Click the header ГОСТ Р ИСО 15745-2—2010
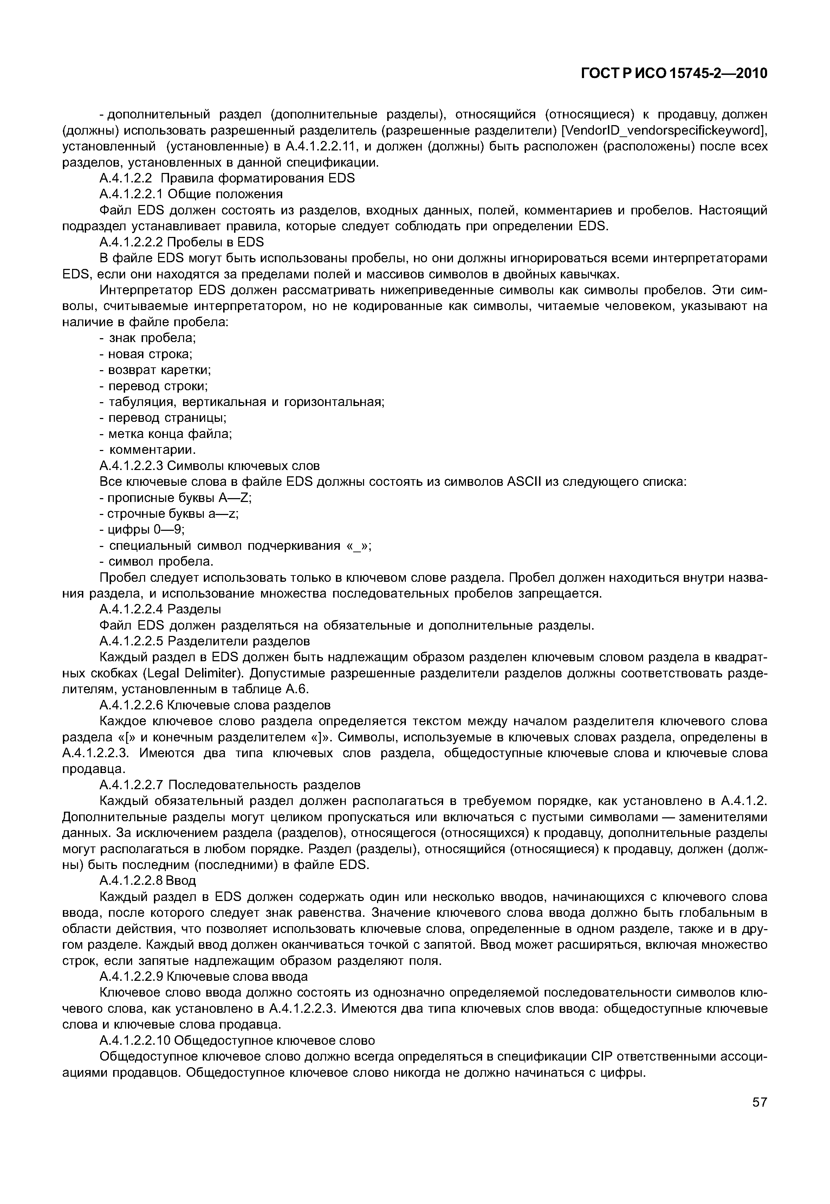pos(674,74)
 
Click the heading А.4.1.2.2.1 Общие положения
pos(191,194)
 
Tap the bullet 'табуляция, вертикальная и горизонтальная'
pos(241,402)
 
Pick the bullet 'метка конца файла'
pos(166,434)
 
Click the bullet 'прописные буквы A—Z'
pos(175,498)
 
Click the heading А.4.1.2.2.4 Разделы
pos(160,609)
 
